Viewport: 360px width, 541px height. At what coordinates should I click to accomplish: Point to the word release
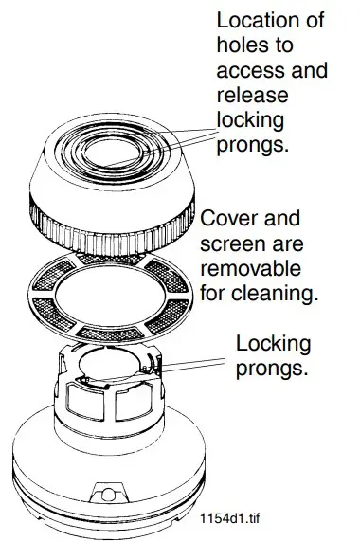pos(250,95)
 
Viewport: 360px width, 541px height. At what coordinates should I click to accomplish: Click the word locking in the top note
pos(249,120)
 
